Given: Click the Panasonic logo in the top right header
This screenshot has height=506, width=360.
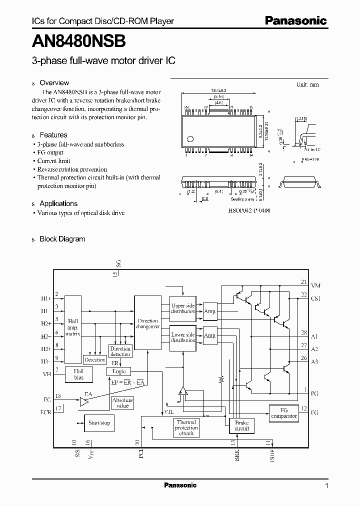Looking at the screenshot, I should pos(295,21).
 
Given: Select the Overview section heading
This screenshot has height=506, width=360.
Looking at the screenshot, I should pos(54,83).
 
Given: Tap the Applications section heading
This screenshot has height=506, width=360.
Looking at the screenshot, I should pos(58,203).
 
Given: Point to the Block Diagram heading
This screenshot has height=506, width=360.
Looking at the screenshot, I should pos(62,239).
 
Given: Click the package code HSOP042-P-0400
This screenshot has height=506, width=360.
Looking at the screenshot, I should pos(249,211).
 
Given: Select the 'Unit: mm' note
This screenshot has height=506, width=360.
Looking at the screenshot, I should pos(307,84).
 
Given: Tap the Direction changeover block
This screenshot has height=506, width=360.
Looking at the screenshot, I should pos(147,323).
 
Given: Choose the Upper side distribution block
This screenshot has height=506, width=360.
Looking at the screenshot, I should pos(183,308).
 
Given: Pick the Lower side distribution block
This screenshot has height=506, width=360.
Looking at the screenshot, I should pos(183,337).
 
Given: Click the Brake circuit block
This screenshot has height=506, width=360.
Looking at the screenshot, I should pos(241,425).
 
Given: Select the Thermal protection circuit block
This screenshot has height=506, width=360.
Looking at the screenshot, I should pos(186,428).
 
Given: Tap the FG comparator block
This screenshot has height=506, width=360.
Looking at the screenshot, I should pos(283,412).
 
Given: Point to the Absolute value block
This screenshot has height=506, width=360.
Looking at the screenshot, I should pos(122,403).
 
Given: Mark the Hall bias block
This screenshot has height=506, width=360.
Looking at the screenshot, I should pos(79,374).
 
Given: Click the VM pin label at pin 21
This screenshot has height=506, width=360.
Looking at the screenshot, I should pos(316,285).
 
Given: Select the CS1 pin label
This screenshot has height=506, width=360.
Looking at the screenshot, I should pos(316,298).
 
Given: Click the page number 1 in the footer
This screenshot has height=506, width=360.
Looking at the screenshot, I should pos(326,485).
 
